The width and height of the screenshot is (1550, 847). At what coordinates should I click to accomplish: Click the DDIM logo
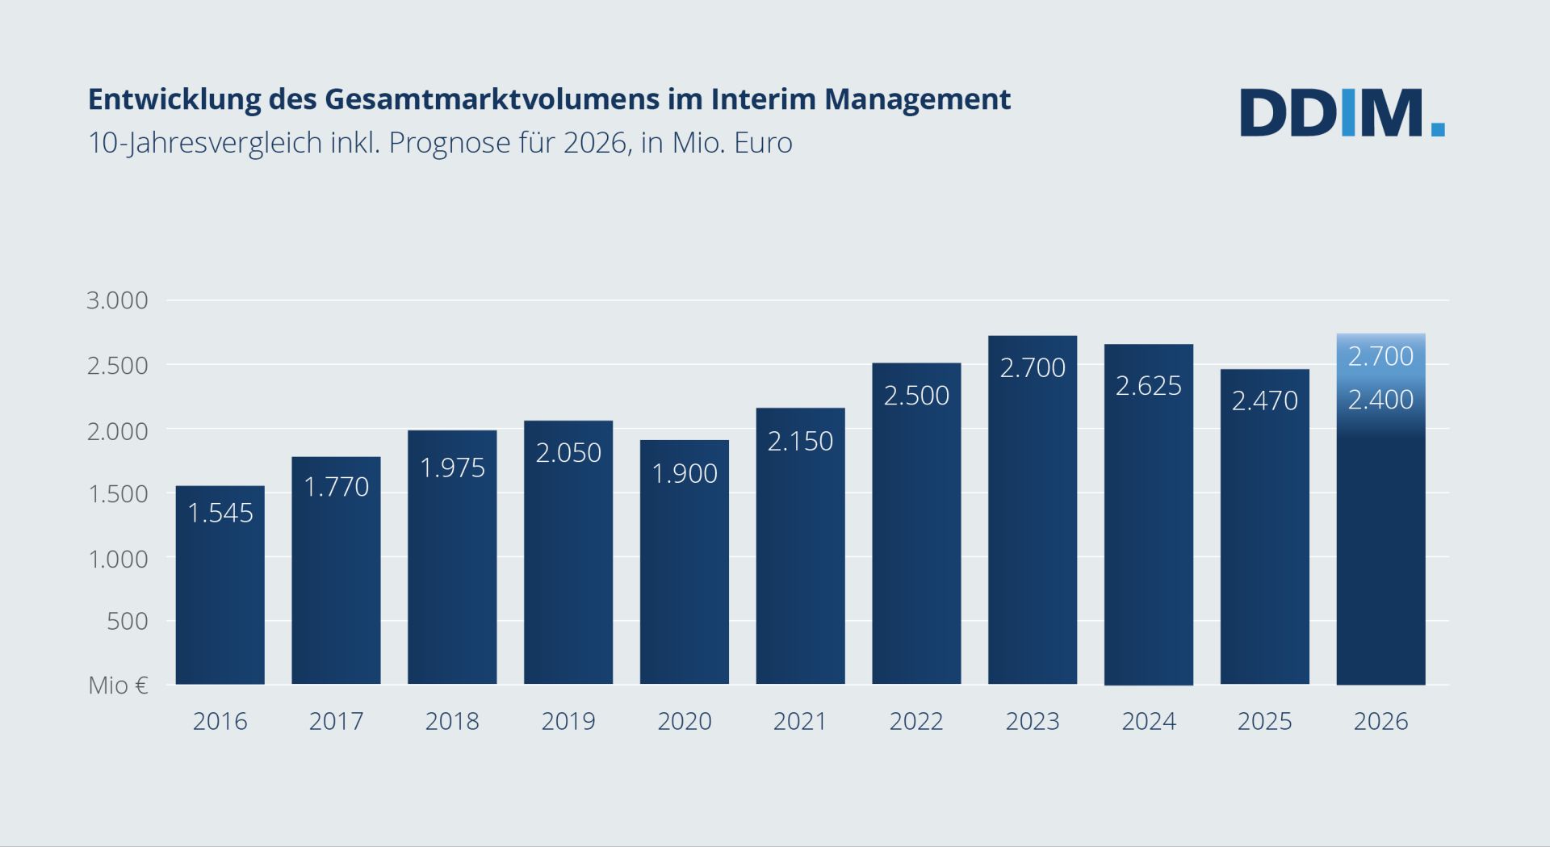pos(1342,112)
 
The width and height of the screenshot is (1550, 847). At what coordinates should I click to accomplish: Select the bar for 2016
pos(220,598)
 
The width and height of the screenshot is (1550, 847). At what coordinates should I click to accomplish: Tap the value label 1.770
pos(336,487)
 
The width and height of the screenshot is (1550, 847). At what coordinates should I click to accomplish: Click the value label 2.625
pos(1148,386)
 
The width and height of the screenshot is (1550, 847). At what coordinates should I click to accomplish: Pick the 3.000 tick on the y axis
pos(118,300)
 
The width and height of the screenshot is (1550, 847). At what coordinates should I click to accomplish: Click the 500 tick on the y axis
pos(128,621)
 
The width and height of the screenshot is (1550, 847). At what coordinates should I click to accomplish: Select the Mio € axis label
pos(118,686)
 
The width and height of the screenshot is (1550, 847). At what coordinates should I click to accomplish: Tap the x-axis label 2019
pos(568,721)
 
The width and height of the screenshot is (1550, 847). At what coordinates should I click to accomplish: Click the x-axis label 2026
pos(1380,721)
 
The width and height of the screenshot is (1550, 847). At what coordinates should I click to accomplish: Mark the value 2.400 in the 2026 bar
pos(1380,400)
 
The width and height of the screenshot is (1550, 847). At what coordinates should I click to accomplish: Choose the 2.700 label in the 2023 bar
pos(1032,368)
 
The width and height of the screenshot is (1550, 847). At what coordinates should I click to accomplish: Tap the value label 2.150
pos(799,441)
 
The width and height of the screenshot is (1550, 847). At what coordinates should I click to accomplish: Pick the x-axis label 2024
pos(1148,721)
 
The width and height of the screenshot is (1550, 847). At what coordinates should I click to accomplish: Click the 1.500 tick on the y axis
pos(118,493)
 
